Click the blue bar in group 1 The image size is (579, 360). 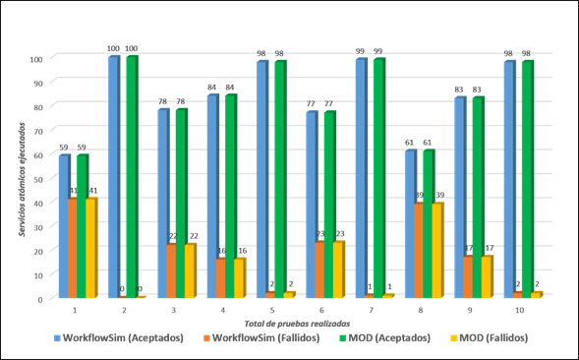(64, 226)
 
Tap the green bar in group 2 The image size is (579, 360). (132, 177)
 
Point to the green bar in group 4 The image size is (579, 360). (230, 196)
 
